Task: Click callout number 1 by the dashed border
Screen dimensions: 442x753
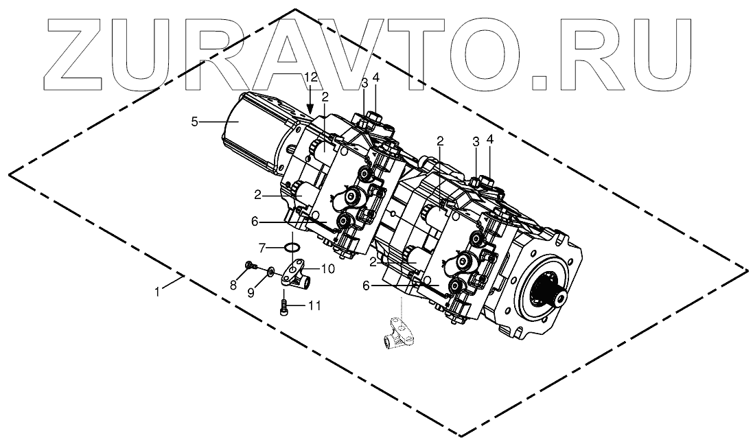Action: [157, 291]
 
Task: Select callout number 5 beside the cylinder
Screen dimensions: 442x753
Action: [194, 121]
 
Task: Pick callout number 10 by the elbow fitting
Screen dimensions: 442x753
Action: [327, 269]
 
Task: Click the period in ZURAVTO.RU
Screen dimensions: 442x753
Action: [542, 82]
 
